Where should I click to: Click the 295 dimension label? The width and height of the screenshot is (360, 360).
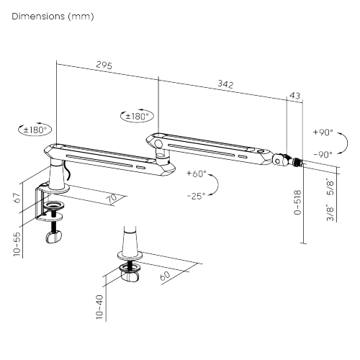[x=104, y=65]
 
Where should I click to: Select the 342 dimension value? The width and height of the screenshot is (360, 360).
[x=225, y=84]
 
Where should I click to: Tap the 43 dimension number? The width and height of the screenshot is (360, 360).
[x=295, y=96]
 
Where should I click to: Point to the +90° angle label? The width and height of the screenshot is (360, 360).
[x=323, y=132]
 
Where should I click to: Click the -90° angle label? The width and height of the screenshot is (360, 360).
[x=323, y=155]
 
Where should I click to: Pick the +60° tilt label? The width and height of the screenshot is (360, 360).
[x=197, y=174]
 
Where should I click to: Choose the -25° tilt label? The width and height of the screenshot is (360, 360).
[x=197, y=196]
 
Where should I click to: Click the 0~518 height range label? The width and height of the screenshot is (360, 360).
[x=297, y=202]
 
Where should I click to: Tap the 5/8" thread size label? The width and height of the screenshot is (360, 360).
[x=330, y=186]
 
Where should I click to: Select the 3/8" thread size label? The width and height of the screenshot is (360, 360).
[x=330, y=212]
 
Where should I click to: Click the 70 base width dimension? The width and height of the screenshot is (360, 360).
[x=112, y=198]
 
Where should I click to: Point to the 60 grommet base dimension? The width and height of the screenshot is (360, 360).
[x=165, y=276]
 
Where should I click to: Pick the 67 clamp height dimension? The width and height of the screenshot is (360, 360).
[x=17, y=198]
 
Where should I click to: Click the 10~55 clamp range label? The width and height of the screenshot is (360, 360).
[x=17, y=244]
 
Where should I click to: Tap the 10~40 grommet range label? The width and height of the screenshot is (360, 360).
[x=99, y=307]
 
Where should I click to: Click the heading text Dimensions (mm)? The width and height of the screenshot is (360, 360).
[x=53, y=17]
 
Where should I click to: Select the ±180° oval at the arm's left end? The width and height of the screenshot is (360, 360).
[x=35, y=130]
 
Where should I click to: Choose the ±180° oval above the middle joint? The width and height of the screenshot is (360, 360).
[x=137, y=116]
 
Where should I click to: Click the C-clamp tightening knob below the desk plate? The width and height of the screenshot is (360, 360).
[x=54, y=237]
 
